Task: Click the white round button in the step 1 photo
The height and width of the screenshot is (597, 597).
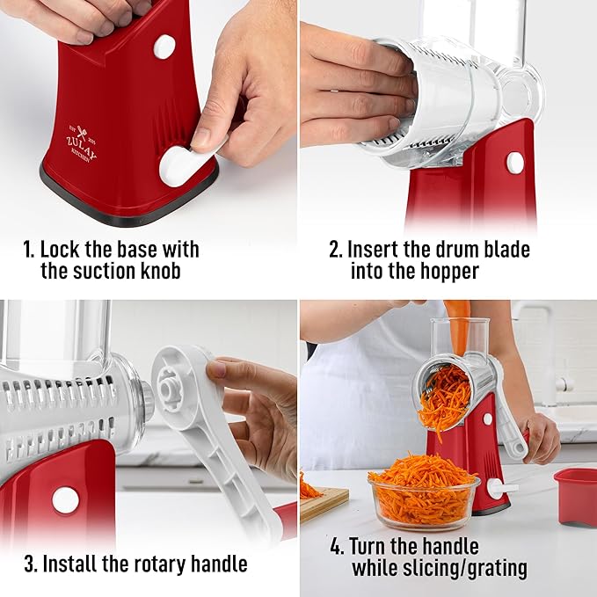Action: pyautogui.click(x=164, y=47)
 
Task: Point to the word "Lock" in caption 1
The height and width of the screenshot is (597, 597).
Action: pyautogui.click(x=64, y=249)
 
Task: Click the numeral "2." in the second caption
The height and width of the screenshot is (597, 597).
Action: pyautogui.click(x=335, y=249)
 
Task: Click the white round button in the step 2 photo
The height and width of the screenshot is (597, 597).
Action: pyautogui.click(x=514, y=163)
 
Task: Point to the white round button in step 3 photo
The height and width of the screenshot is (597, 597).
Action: pyautogui.click(x=65, y=500)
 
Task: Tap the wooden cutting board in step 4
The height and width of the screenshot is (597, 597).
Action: pyautogui.click(x=323, y=502)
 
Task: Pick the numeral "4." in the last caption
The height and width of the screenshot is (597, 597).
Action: pyautogui.click(x=337, y=546)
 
